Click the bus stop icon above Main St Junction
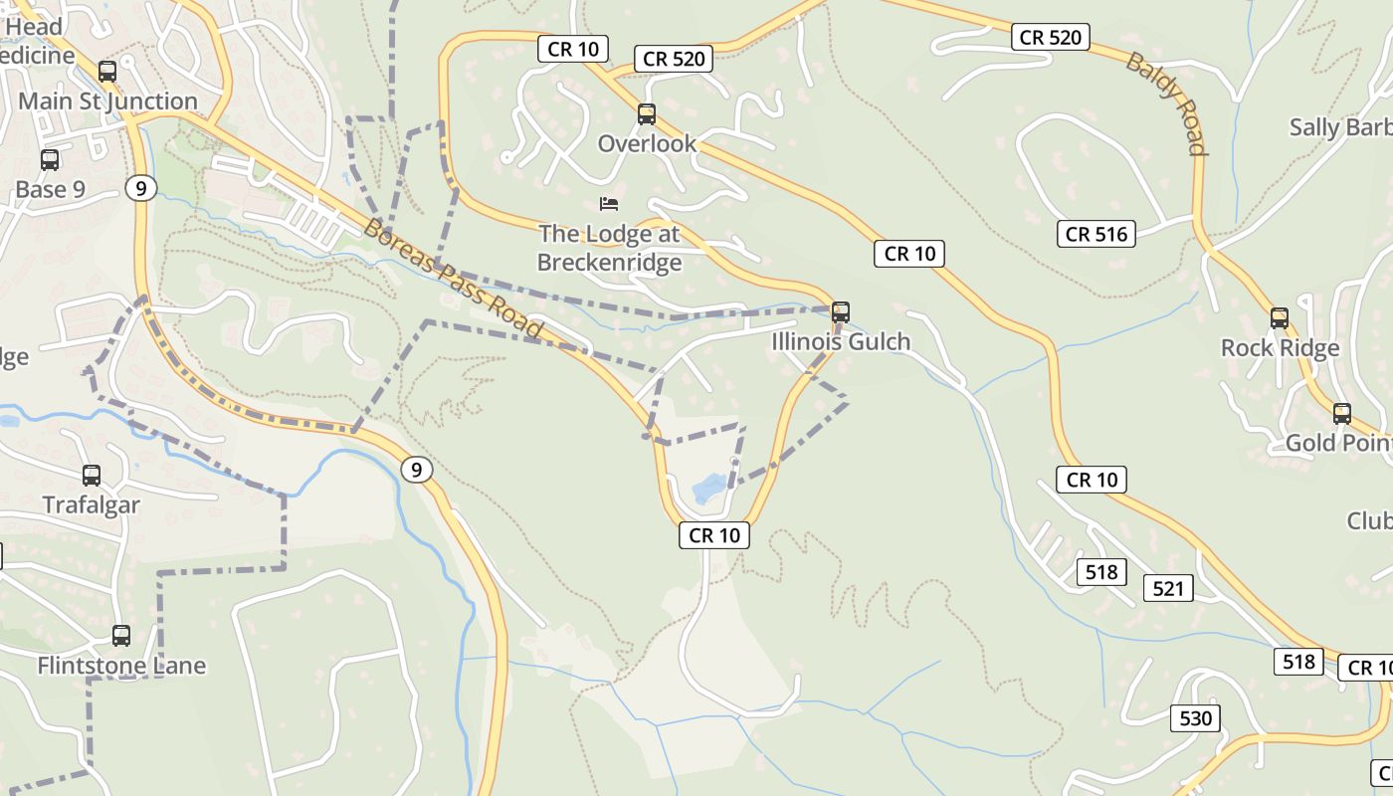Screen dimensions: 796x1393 tap(107, 72)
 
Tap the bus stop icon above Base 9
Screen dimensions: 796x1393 tap(50, 159)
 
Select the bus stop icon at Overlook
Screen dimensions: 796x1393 tap(647, 113)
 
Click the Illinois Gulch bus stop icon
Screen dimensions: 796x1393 tap(841, 312)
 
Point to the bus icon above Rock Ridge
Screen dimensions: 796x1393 tap(1280, 318)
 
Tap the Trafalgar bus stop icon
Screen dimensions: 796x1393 tap(92, 476)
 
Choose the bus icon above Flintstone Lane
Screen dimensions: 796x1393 tap(121, 635)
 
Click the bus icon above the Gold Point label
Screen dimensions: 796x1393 tap(1342, 414)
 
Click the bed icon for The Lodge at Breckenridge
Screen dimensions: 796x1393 tap(609, 204)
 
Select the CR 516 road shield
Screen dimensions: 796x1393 tap(1095, 234)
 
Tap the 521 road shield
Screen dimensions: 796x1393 tap(1168, 589)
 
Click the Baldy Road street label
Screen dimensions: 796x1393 tap(1166, 103)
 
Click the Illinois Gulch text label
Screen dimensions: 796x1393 tap(841, 342)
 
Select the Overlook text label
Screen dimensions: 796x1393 tap(647, 144)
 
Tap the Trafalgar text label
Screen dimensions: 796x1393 tap(92, 504)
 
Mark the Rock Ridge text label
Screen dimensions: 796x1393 tap(1280, 348)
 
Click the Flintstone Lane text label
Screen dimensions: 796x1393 tap(121, 666)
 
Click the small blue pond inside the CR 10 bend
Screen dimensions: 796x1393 tap(708, 488)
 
